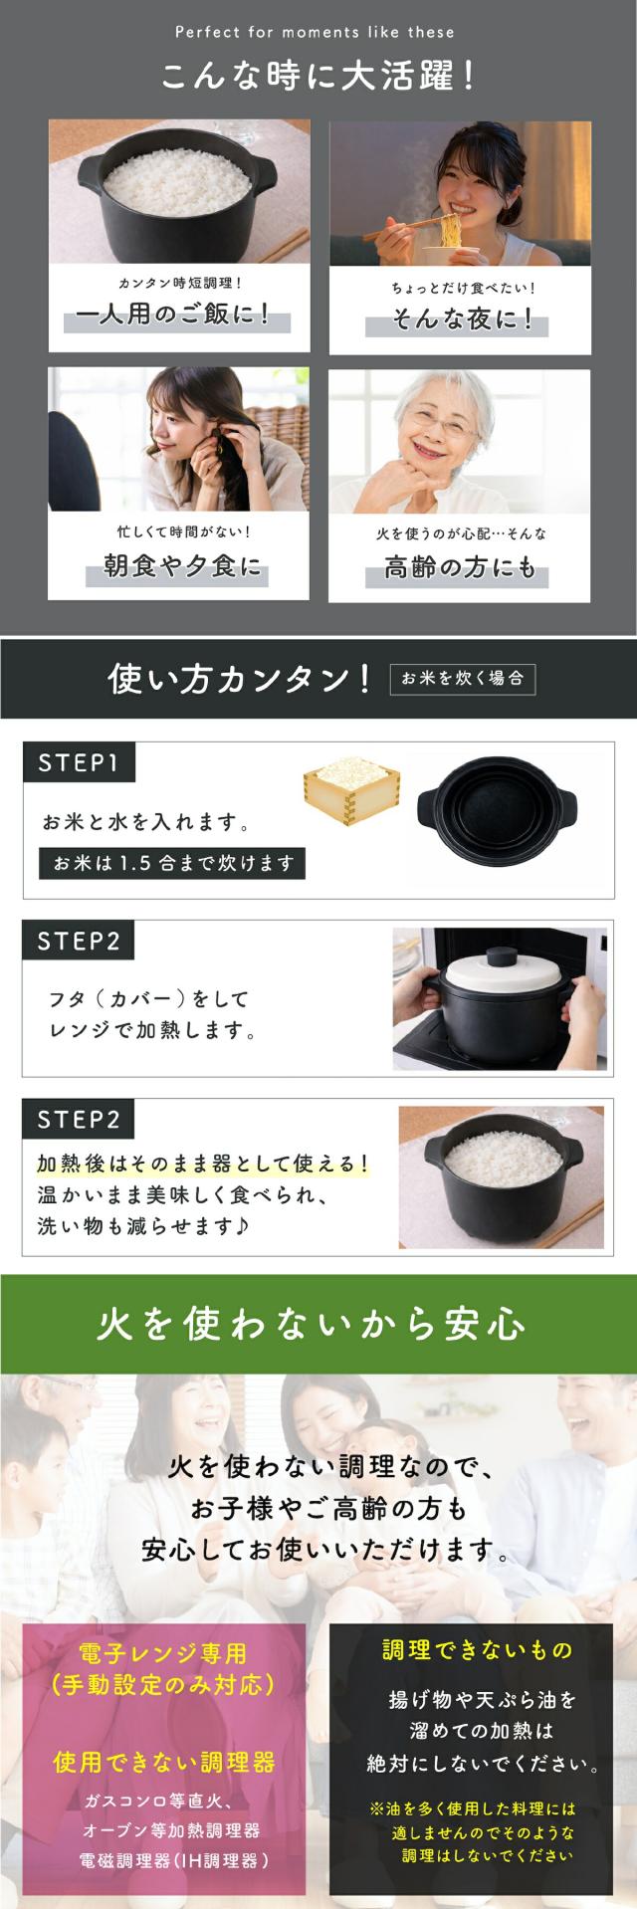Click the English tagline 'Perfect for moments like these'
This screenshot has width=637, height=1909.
[315, 32]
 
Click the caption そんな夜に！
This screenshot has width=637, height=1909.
[461, 319]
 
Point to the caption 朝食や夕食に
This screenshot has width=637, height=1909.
[182, 567]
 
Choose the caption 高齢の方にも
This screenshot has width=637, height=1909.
[460, 568]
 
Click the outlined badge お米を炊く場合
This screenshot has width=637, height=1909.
[463, 679]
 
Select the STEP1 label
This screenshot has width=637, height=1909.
[79, 762]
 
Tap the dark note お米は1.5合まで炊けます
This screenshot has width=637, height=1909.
[172, 863]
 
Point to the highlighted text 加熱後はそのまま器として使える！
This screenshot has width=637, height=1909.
[202, 1163]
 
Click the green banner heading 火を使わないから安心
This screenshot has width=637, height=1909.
[311, 1325]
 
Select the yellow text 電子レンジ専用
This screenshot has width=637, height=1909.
[162, 1653]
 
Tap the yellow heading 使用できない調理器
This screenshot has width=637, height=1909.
[164, 1763]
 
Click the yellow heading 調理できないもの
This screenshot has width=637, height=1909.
[478, 1650]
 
